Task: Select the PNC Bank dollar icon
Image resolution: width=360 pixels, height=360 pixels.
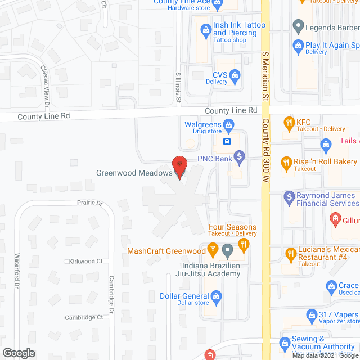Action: point(239,155)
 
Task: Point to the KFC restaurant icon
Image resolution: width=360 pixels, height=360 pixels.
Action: point(289,121)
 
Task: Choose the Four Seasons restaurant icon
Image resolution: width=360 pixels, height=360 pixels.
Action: point(243,244)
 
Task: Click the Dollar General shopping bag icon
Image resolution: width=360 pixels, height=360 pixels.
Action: point(215,296)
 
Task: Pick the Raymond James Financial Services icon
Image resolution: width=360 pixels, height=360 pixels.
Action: point(289,197)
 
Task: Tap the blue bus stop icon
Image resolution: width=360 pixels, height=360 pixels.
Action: point(227,141)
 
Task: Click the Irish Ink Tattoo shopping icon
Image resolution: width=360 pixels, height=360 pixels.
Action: point(204,28)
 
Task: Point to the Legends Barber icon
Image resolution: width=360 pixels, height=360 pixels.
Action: point(298,26)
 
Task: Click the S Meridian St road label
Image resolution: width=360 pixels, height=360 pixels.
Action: point(265,73)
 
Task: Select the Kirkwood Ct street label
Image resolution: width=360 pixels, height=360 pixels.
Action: point(85,262)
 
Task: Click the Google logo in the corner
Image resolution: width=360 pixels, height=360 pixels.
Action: point(18,353)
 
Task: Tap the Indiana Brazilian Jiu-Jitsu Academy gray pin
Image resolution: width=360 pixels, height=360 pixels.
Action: point(227,249)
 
